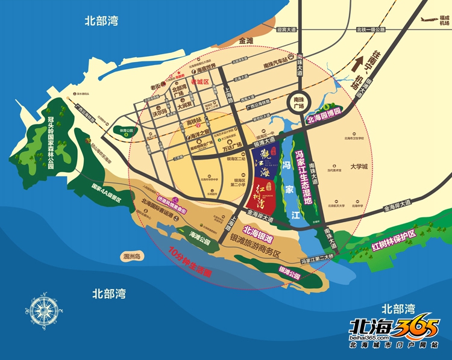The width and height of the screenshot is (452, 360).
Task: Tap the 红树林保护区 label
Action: pos(394,232)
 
